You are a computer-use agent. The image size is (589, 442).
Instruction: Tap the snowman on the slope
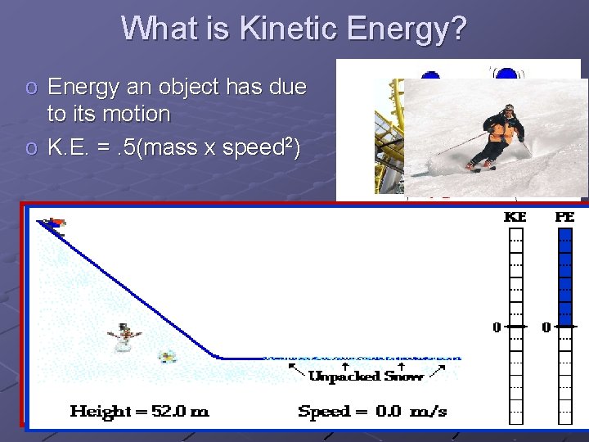click(x=124, y=336)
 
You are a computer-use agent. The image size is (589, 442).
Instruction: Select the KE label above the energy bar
click(x=515, y=218)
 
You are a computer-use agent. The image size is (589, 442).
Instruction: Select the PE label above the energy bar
click(x=564, y=218)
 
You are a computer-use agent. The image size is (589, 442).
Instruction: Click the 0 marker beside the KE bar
click(x=497, y=327)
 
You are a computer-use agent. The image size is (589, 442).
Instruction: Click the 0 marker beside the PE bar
click(x=546, y=327)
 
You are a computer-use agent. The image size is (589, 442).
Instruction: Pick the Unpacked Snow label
click(x=366, y=377)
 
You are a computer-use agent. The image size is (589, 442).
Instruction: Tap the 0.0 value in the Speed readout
click(x=388, y=411)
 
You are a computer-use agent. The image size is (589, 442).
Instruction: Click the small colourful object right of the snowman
click(x=168, y=356)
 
